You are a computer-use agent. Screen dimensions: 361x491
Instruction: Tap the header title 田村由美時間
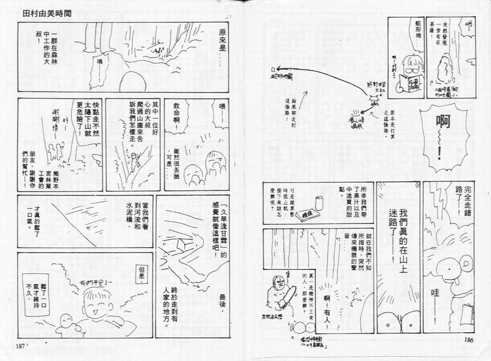[47, 13]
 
